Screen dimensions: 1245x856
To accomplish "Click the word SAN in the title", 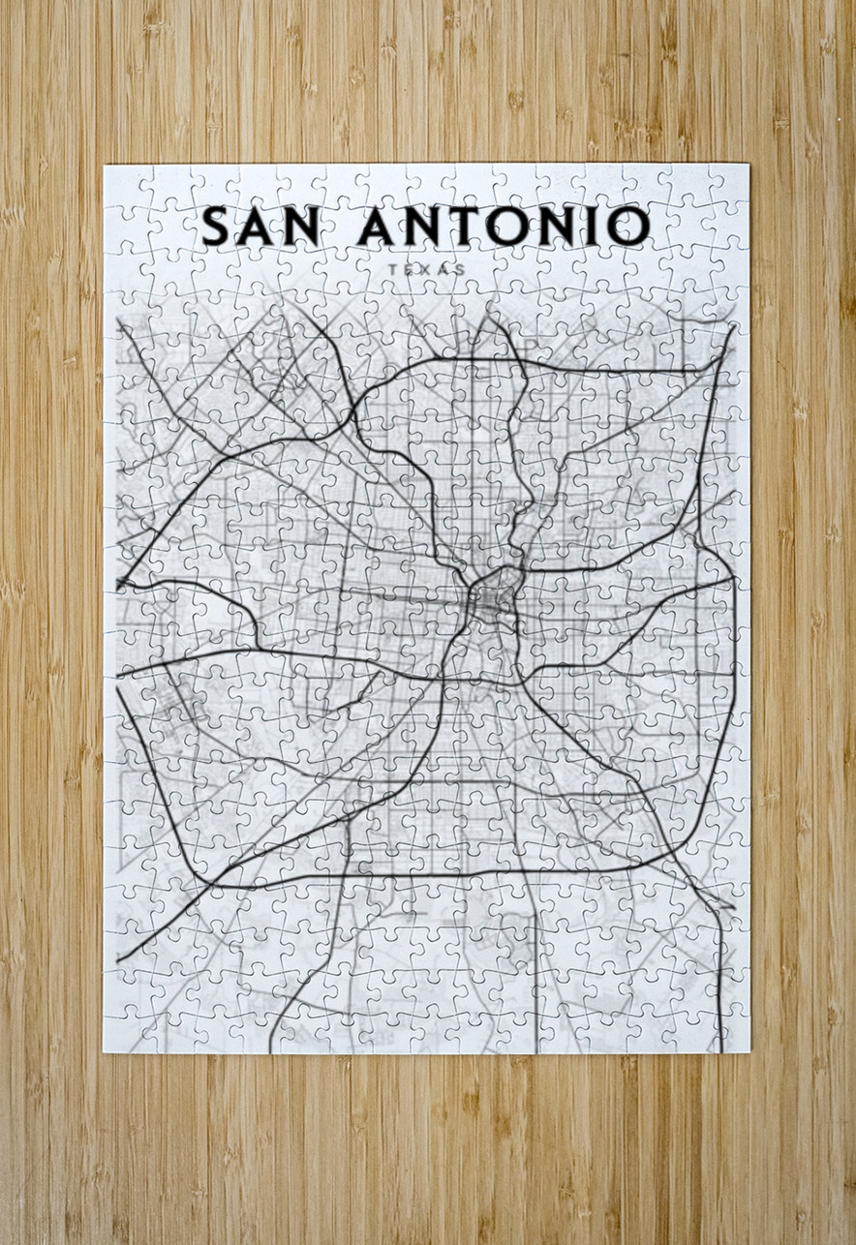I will coord(261,226).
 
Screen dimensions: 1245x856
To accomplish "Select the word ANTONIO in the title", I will coord(504,226).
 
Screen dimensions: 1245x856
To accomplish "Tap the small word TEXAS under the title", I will coord(426,269).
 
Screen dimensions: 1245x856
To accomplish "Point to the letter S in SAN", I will coord(218,226).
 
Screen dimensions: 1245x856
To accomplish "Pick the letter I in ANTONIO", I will coord(590,226).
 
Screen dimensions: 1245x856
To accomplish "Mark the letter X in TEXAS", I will coord(426,269).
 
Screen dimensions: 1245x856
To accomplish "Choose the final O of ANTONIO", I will coord(627,226).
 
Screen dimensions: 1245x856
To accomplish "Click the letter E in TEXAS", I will coord(409,269).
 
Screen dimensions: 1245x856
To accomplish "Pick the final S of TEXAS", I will coord(461,269).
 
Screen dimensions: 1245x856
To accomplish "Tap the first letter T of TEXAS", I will coord(391,269).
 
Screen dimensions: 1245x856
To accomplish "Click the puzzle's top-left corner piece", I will coord(120,182).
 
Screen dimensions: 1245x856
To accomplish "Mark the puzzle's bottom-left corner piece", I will coord(120,1036).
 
